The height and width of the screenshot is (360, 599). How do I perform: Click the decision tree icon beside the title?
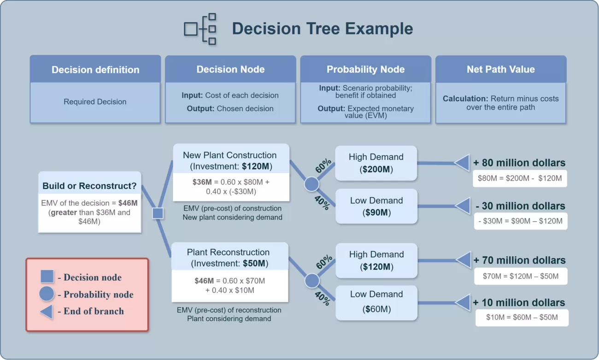coord(200,29)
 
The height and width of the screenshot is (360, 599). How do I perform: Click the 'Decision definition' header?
coord(95,70)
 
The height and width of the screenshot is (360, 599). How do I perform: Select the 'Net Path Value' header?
coord(500,70)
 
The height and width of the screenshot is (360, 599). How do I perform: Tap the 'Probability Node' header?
coord(365,70)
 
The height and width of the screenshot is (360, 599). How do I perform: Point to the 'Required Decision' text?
coord(95,102)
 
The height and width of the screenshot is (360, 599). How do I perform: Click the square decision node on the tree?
coord(158,213)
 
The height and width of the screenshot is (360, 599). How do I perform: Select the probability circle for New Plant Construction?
coord(312,184)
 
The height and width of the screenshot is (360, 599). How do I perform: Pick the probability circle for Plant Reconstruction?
coord(312,281)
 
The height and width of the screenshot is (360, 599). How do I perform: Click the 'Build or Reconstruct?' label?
coord(89,186)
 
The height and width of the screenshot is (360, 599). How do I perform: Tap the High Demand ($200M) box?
coord(376,163)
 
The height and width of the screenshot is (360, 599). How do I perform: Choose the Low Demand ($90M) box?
coord(376,207)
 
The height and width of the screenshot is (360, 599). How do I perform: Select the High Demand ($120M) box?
coord(376,260)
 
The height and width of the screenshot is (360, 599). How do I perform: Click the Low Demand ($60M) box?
coord(376,302)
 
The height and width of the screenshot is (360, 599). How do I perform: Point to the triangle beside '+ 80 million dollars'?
coord(462,163)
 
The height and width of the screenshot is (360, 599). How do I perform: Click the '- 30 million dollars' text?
coord(520,206)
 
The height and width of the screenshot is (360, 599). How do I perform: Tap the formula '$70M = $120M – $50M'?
coord(521,276)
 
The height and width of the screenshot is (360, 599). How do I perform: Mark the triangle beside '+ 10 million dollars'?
coord(463,303)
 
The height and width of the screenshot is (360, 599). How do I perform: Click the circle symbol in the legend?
coord(47,294)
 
